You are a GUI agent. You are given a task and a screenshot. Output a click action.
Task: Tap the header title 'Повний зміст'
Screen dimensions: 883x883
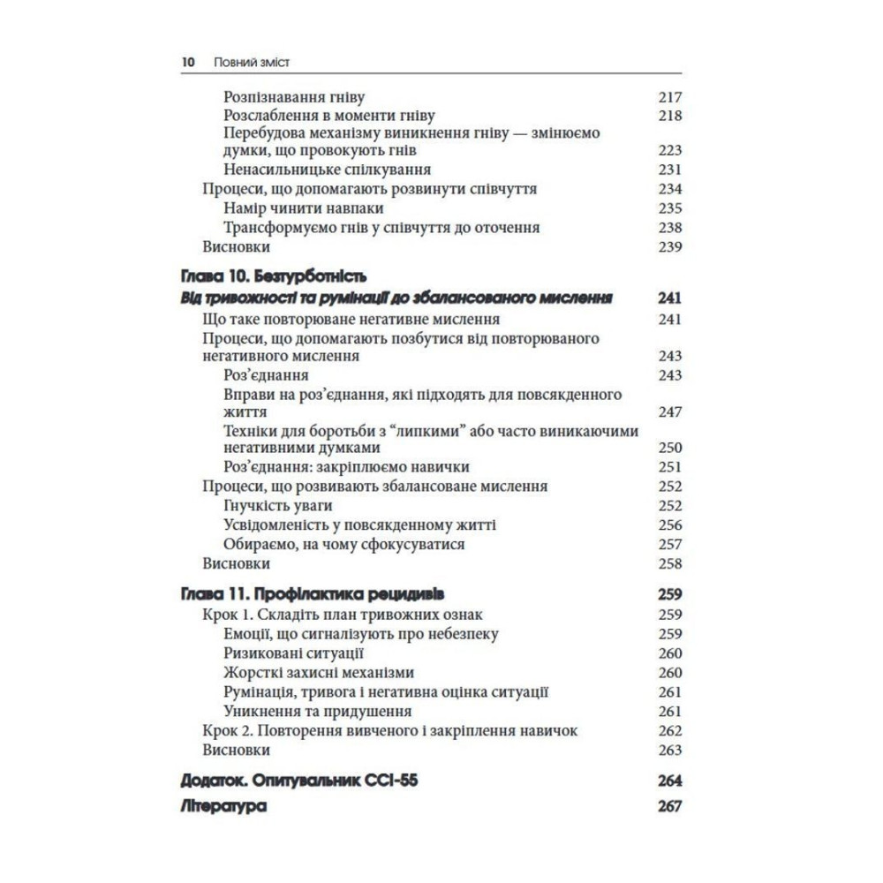click(x=253, y=63)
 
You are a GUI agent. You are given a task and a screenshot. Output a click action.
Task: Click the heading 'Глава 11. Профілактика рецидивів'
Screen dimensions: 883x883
click(x=318, y=592)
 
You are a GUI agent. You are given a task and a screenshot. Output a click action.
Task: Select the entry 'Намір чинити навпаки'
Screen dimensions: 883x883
click(x=291, y=208)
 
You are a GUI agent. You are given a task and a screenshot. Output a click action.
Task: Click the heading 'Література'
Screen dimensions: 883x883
click(x=223, y=807)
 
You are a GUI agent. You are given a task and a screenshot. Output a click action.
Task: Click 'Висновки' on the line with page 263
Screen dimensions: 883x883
click(x=236, y=750)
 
